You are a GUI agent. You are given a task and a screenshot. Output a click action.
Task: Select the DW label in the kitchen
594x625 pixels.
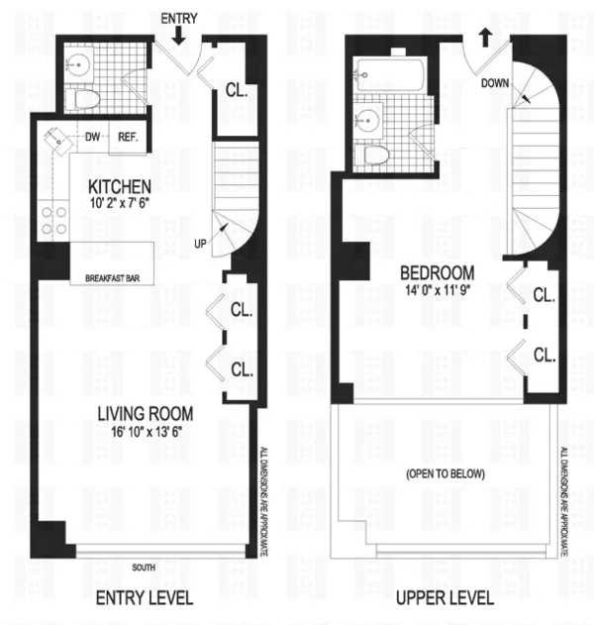tap(92, 138)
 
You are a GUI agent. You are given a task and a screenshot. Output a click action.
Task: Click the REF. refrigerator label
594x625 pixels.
tap(129, 138)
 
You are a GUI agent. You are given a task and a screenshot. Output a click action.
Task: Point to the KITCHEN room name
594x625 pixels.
tap(120, 187)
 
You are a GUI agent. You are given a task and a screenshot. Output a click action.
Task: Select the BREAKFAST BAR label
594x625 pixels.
tap(112, 278)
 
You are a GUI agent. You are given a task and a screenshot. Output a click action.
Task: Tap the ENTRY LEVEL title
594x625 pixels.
tap(144, 598)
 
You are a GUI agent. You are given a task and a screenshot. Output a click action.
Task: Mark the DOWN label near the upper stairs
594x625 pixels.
tap(495, 84)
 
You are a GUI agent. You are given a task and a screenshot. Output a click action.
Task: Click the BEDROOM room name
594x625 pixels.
tap(437, 271)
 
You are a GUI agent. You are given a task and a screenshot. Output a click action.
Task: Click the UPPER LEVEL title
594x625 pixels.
tap(446, 598)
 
